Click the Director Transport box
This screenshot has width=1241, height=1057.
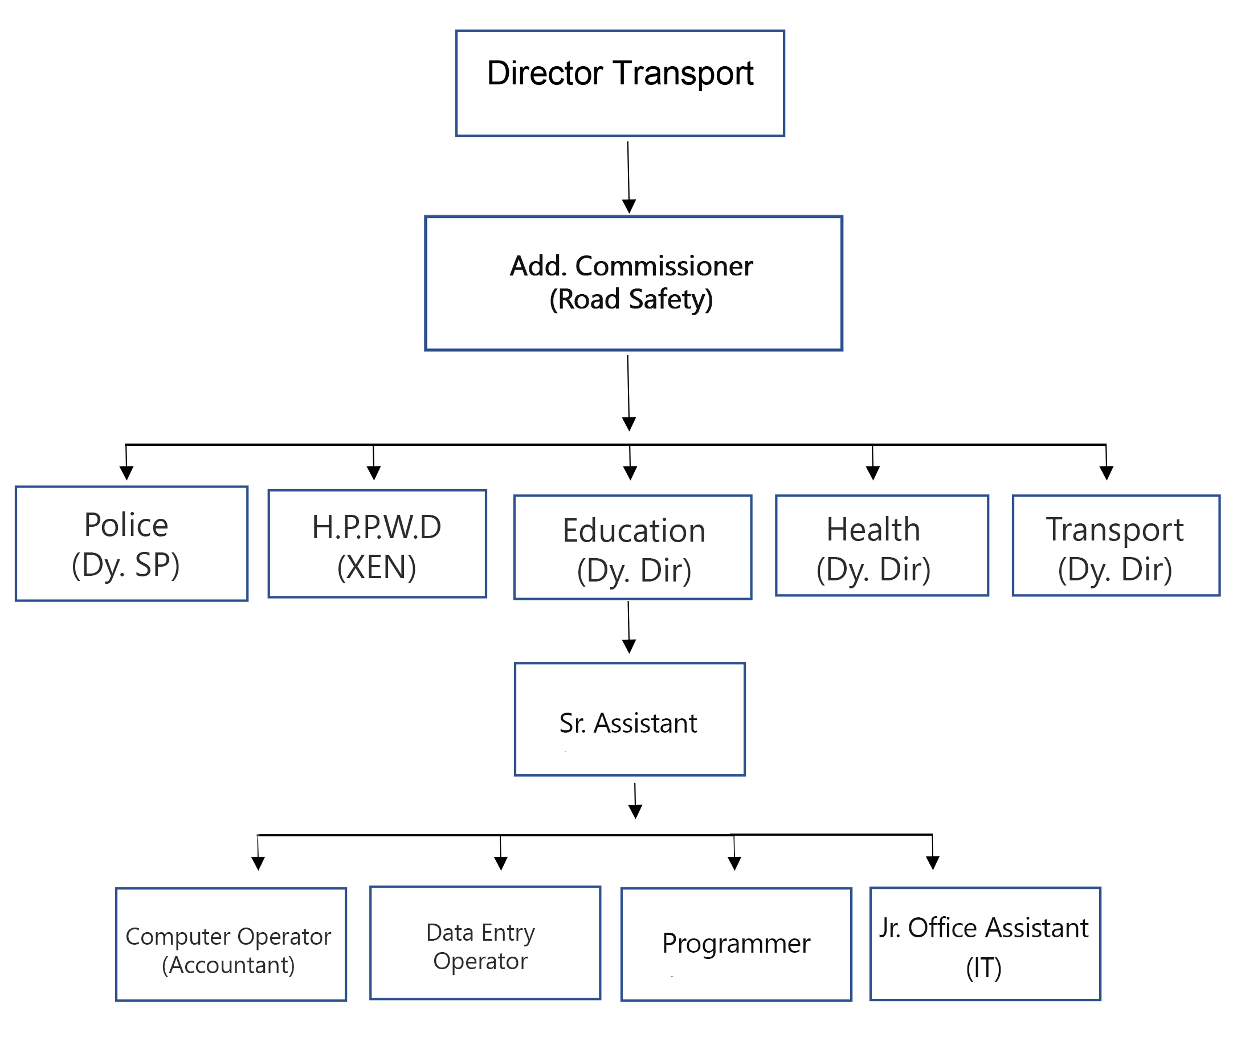click(x=620, y=83)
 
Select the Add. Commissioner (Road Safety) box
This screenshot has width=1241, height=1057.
click(x=633, y=283)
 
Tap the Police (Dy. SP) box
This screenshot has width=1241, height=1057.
click(x=131, y=543)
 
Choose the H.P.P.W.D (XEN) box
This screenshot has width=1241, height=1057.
click(x=377, y=543)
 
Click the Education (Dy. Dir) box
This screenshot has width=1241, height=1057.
click(x=632, y=547)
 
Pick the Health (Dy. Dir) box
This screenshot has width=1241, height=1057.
click(x=881, y=545)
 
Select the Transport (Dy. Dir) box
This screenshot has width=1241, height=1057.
click(x=1116, y=545)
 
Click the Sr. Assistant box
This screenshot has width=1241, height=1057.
click(x=630, y=719)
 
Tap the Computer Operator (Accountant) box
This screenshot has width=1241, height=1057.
click(x=231, y=944)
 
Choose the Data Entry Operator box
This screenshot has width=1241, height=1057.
click(x=484, y=943)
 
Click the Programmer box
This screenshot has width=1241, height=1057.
click(x=736, y=944)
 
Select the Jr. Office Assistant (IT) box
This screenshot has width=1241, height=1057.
click(x=985, y=944)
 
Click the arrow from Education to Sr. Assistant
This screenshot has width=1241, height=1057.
click(x=628, y=626)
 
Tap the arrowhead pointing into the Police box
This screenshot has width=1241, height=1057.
click(x=126, y=472)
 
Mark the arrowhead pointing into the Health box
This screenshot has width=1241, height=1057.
click(x=873, y=472)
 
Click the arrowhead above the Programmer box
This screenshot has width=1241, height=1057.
click(x=734, y=862)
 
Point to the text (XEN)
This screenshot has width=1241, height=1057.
click(x=376, y=567)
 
